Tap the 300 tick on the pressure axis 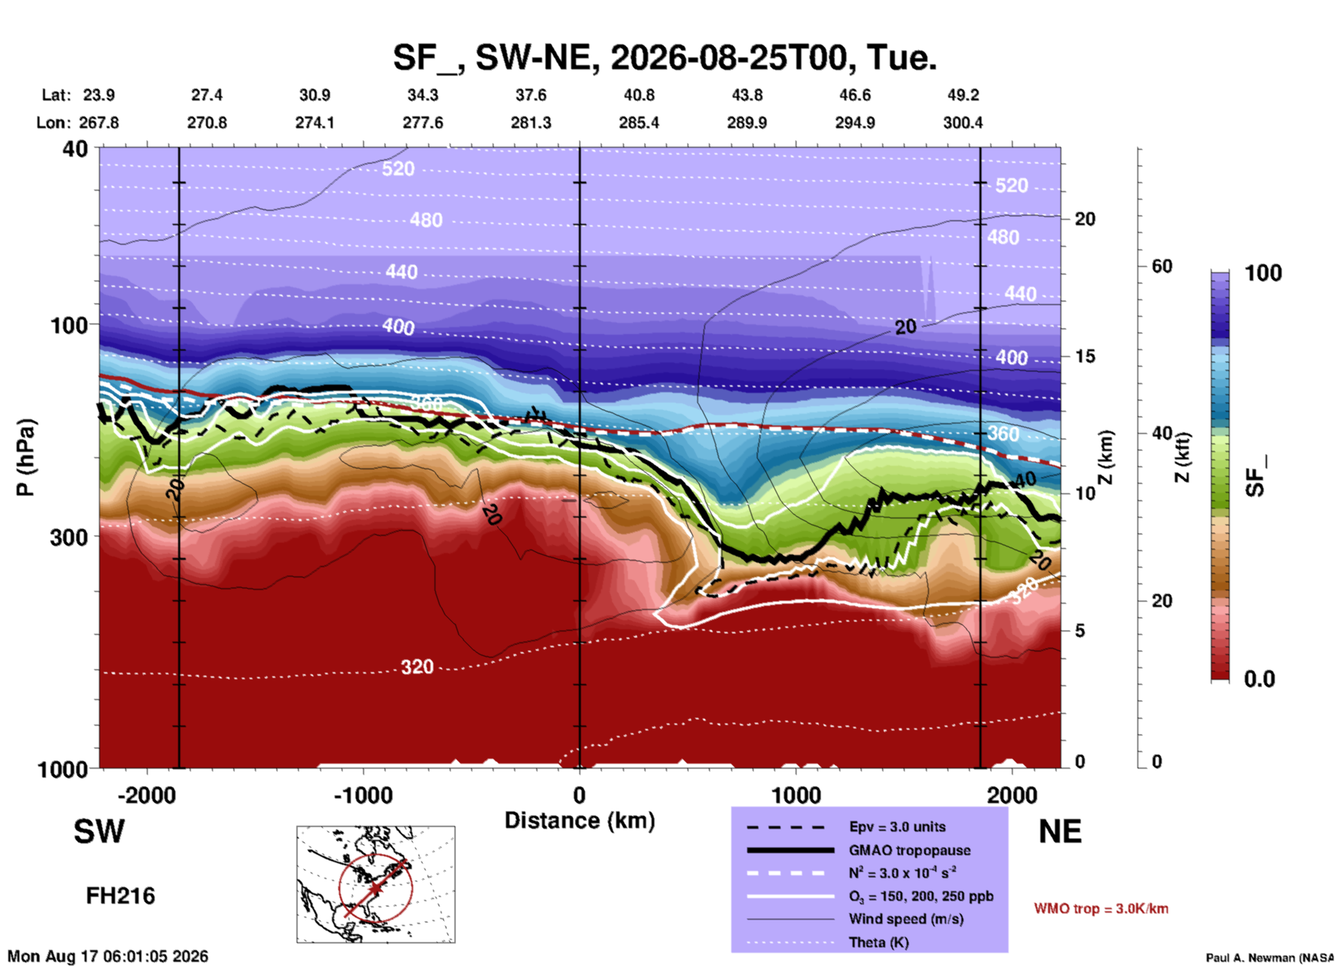click(x=69, y=537)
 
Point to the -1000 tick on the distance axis click(x=363, y=795)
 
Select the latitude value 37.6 click(x=531, y=95)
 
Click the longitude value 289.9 click(x=747, y=123)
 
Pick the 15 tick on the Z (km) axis click(x=1085, y=356)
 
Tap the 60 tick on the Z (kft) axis click(x=1162, y=266)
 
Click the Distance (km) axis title click(x=579, y=821)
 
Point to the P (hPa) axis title click(x=25, y=457)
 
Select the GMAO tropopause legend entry click(x=909, y=850)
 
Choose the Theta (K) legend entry click(x=878, y=942)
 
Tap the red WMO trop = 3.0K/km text click(x=1101, y=908)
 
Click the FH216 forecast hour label click(x=121, y=896)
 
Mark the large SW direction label click(x=99, y=832)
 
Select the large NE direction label click(x=1060, y=832)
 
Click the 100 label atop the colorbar click(x=1263, y=273)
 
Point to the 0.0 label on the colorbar click(x=1259, y=679)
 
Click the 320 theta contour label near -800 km click(x=417, y=667)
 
